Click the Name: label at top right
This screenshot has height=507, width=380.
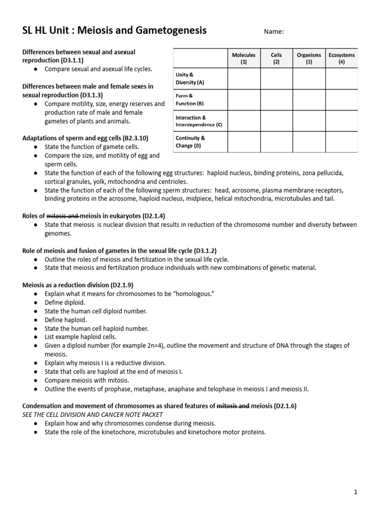tap(274, 32)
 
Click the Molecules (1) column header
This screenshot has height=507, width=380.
tap(243, 58)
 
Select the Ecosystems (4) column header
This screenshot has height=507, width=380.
tap(341, 58)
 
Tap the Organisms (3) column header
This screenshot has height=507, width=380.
tap(309, 58)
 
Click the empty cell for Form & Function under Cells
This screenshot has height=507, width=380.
tap(276, 100)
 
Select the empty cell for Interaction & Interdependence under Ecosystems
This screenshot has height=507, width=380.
tap(341, 121)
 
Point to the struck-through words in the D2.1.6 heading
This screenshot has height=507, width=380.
tap(233, 406)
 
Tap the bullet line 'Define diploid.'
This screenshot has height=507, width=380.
tap(65, 302)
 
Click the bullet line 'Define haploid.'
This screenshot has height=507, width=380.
tap(65, 319)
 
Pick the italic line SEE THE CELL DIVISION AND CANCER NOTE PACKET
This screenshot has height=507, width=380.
tap(93, 414)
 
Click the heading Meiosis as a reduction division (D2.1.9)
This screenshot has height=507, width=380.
tap(78, 285)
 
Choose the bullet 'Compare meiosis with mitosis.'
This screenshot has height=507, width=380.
tap(87, 380)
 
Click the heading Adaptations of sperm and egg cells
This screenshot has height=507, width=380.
tap(85, 138)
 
